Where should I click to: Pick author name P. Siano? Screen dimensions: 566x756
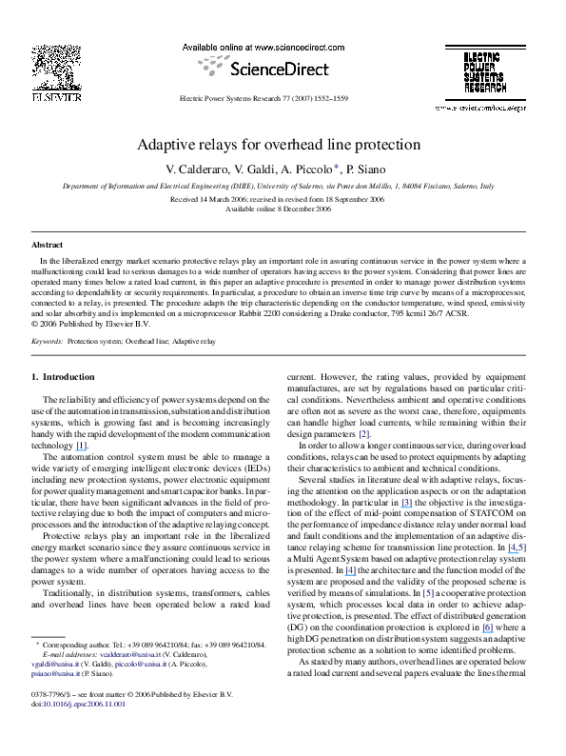345,169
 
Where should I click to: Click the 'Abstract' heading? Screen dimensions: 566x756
47,245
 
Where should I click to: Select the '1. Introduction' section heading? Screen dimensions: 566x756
65,377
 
